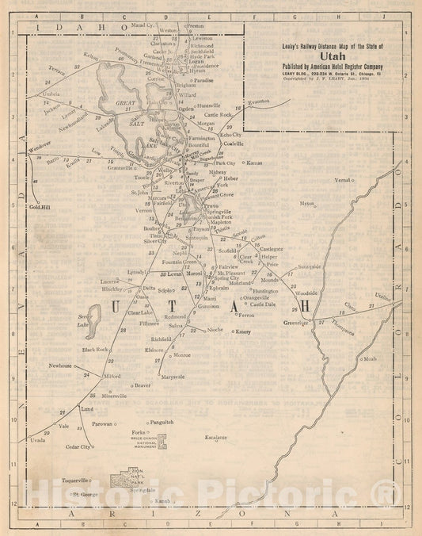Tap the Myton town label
coord(306,204)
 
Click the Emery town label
coord(242,331)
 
